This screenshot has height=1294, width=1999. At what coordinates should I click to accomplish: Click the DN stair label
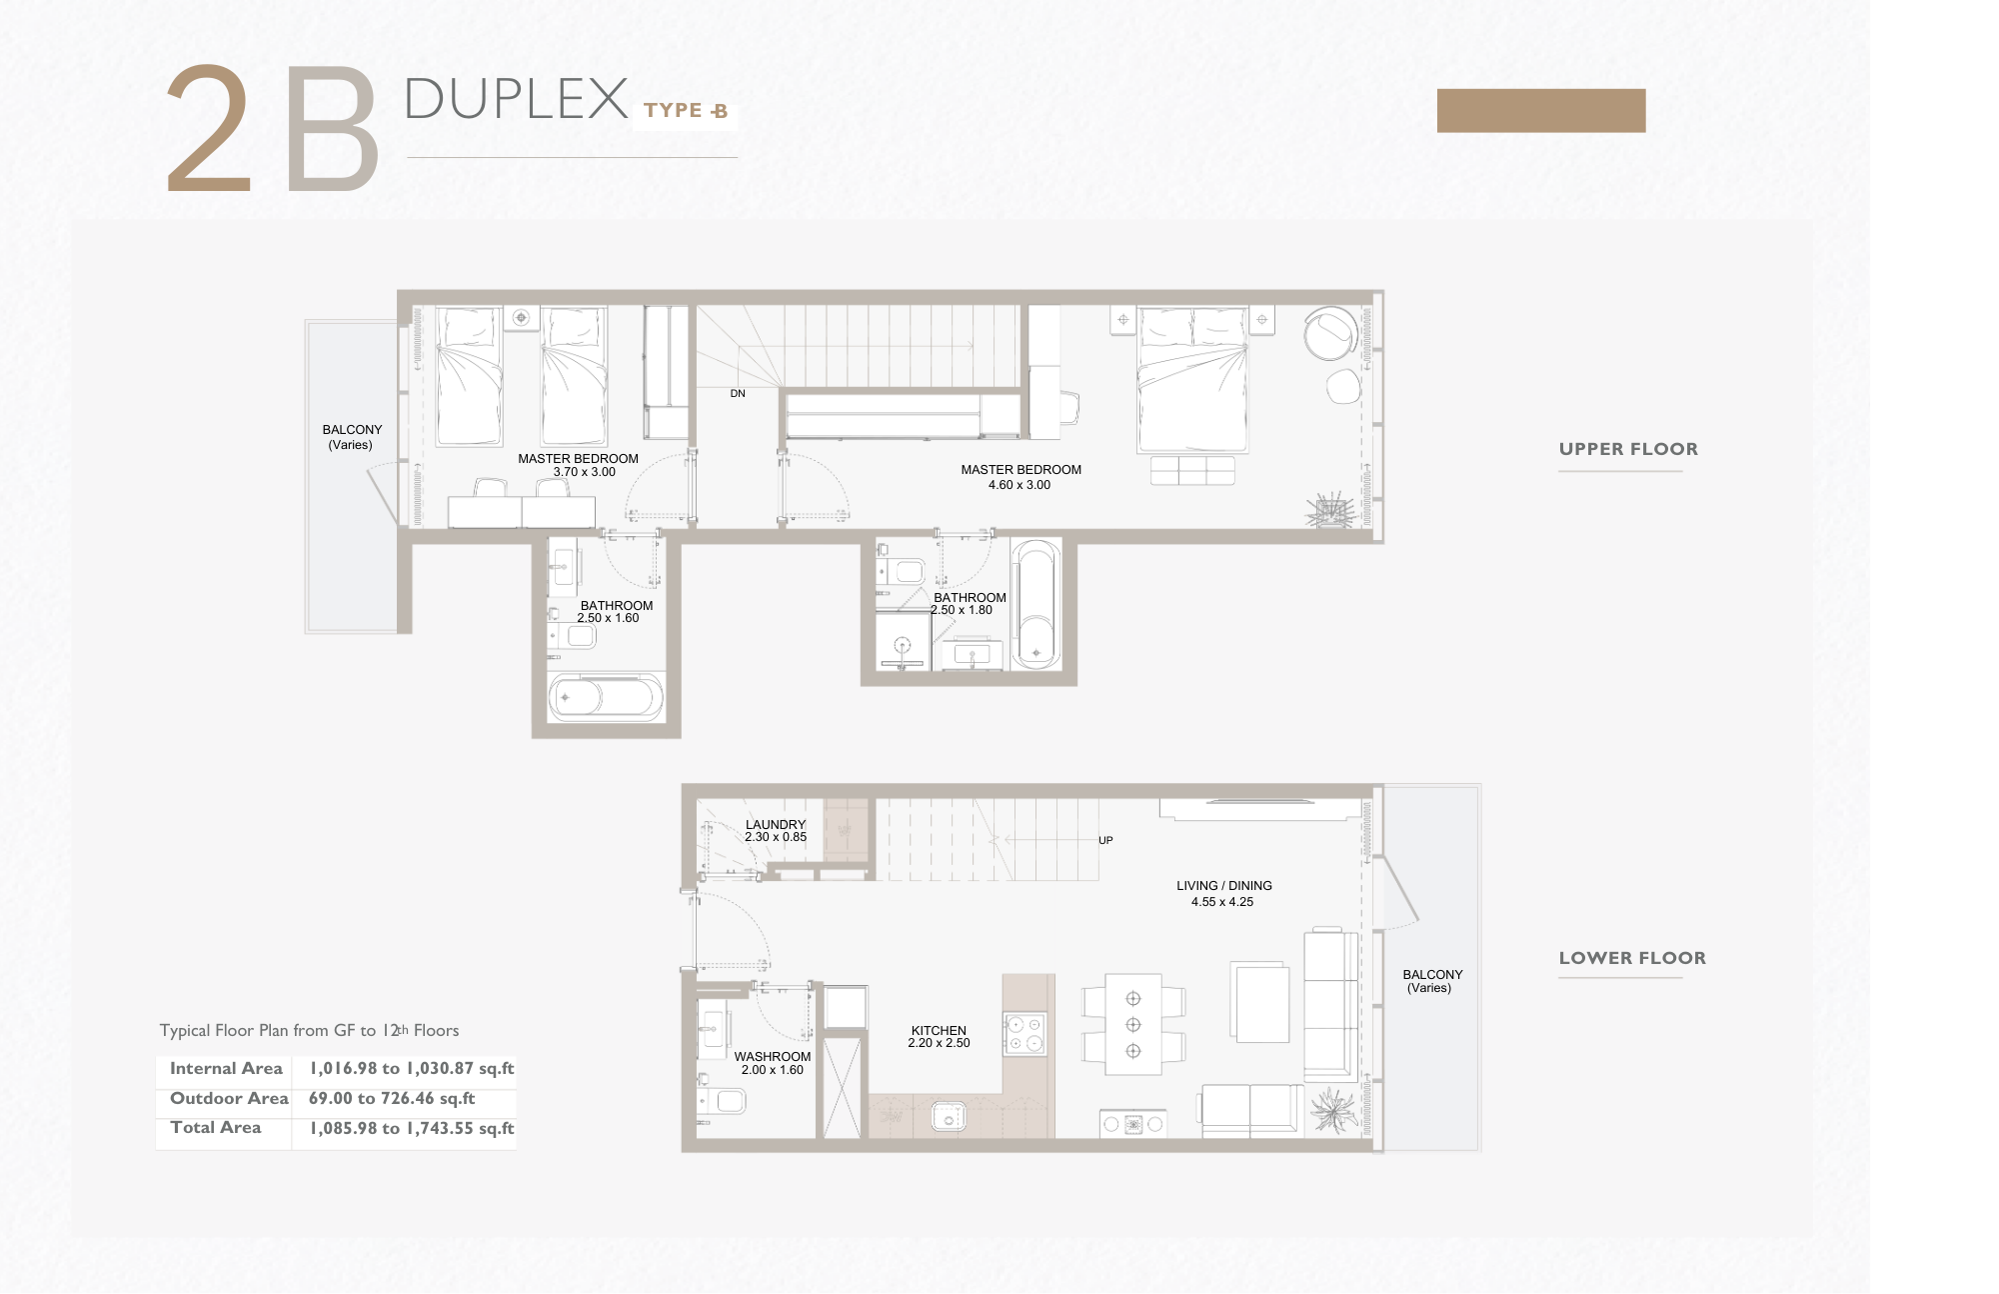[x=738, y=394]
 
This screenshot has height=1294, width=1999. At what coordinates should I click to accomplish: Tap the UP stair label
[x=1105, y=840]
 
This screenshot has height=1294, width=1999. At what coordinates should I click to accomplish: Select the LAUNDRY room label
[x=776, y=825]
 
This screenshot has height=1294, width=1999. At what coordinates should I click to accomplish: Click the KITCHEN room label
[x=939, y=1030]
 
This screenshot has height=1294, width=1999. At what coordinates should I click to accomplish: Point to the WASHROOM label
[x=773, y=1056]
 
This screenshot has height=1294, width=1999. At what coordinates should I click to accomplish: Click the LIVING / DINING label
[x=1224, y=886]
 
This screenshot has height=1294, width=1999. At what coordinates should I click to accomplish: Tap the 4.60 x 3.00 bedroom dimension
[x=1019, y=485]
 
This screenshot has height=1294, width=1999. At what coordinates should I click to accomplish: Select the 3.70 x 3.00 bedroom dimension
[x=585, y=472]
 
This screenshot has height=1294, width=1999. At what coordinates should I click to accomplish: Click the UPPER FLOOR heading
[x=1628, y=449]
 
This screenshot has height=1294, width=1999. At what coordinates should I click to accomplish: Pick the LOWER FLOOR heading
[x=1632, y=958]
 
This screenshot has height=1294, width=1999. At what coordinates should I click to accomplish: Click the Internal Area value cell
[x=412, y=1068]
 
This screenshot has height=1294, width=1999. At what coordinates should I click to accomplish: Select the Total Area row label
[x=216, y=1127]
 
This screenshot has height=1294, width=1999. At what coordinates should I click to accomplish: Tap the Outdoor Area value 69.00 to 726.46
[x=392, y=1098]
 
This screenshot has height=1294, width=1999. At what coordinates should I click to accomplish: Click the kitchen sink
[x=949, y=1115]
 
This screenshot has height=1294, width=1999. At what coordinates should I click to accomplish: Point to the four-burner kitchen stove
[x=1024, y=1034]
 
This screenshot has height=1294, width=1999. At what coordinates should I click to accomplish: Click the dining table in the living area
[x=1133, y=1024]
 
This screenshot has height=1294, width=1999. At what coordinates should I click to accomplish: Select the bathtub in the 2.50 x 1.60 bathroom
[x=606, y=697]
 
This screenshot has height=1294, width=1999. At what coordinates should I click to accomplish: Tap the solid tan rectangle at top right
[x=1541, y=110]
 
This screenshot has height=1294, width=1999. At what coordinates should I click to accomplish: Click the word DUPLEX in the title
[x=516, y=99]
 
